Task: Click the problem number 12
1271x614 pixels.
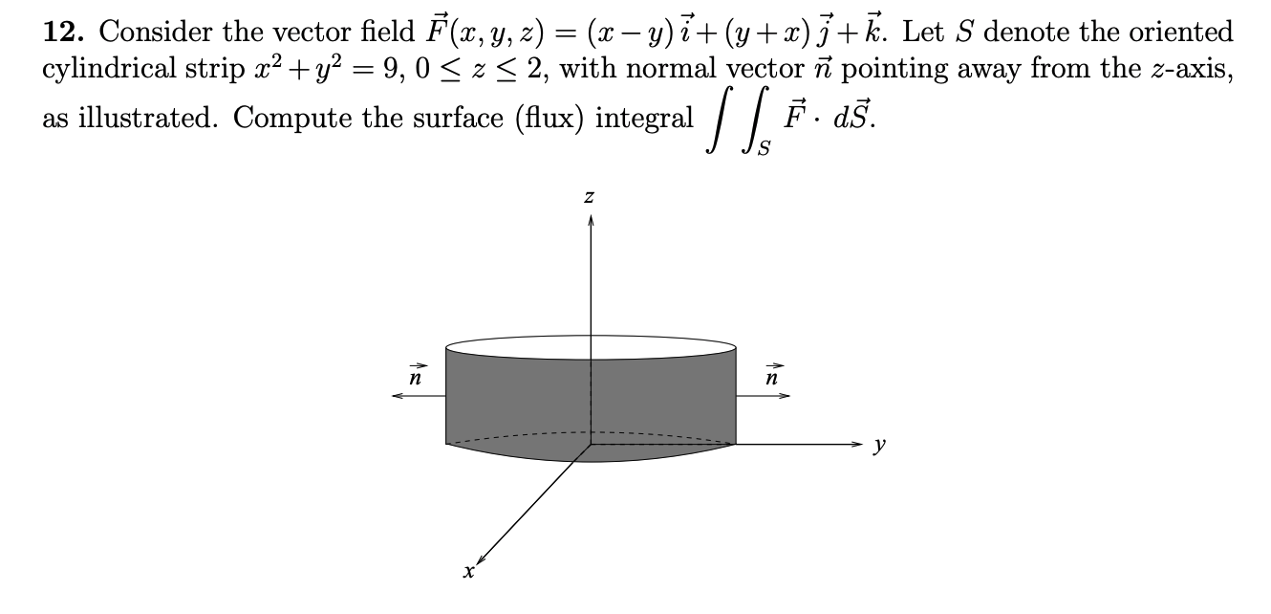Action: pyautogui.click(x=61, y=33)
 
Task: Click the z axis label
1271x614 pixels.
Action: pyautogui.click(x=591, y=198)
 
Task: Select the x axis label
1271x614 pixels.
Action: pyautogui.click(x=467, y=572)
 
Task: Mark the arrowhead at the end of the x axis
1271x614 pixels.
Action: pyautogui.click(x=483, y=558)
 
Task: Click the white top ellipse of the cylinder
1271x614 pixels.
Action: pyautogui.click(x=591, y=346)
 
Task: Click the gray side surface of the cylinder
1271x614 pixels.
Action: pyautogui.click(x=516, y=402)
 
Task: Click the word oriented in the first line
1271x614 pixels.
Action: pyautogui.click(x=1181, y=33)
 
